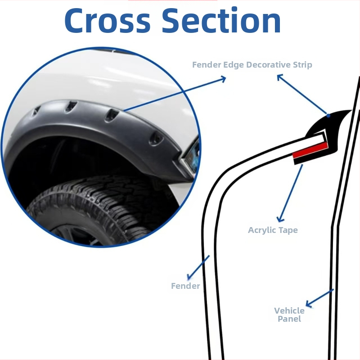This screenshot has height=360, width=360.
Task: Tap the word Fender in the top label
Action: point(207,65)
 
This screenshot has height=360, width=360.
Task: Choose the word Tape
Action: point(288,230)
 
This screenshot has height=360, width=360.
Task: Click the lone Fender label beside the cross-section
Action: point(185,286)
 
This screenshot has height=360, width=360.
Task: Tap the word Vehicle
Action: point(289,310)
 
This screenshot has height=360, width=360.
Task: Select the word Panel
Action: point(289,319)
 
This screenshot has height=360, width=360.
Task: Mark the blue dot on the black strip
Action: point(328,116)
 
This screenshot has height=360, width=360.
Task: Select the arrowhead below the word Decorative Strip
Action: point(280,77)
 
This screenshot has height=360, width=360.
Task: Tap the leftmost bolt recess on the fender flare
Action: point(38,110)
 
